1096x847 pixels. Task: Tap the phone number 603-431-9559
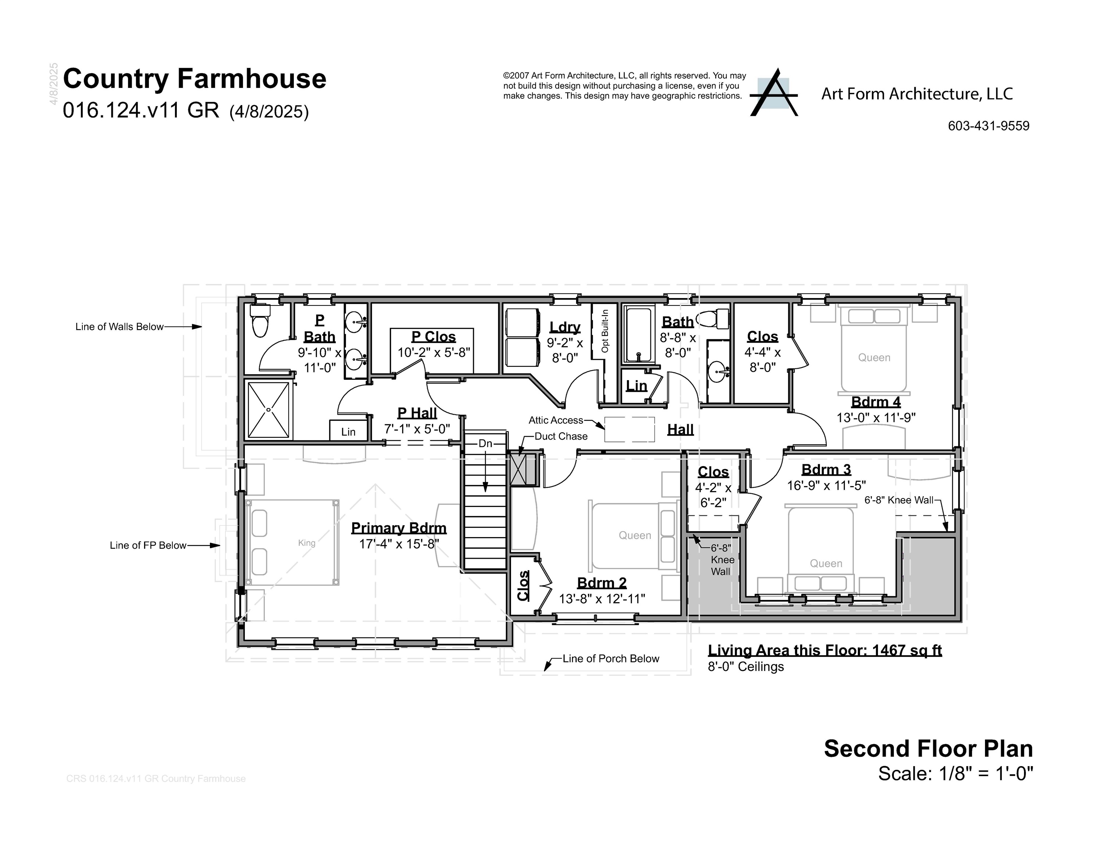point(988,126)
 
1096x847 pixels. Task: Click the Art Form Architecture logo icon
point(773,93)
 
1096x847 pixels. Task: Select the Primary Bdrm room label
point(399,528)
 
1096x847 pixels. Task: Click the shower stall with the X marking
point(268,410)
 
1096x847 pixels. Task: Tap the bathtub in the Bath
point(639,335)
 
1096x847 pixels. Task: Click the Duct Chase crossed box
point(518,470)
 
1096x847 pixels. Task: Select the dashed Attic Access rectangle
point(629,429)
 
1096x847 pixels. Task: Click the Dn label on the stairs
point(485,444)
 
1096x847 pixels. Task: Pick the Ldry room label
point(565,327)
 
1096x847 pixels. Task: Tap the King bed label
point(307,543)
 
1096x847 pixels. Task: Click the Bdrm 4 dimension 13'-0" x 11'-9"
point(876,418)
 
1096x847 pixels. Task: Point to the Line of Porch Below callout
point(610,659)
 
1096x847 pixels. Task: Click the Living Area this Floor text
point(825,650)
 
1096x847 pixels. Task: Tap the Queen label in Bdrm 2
point(635,535)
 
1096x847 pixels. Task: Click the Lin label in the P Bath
point(348,432)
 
